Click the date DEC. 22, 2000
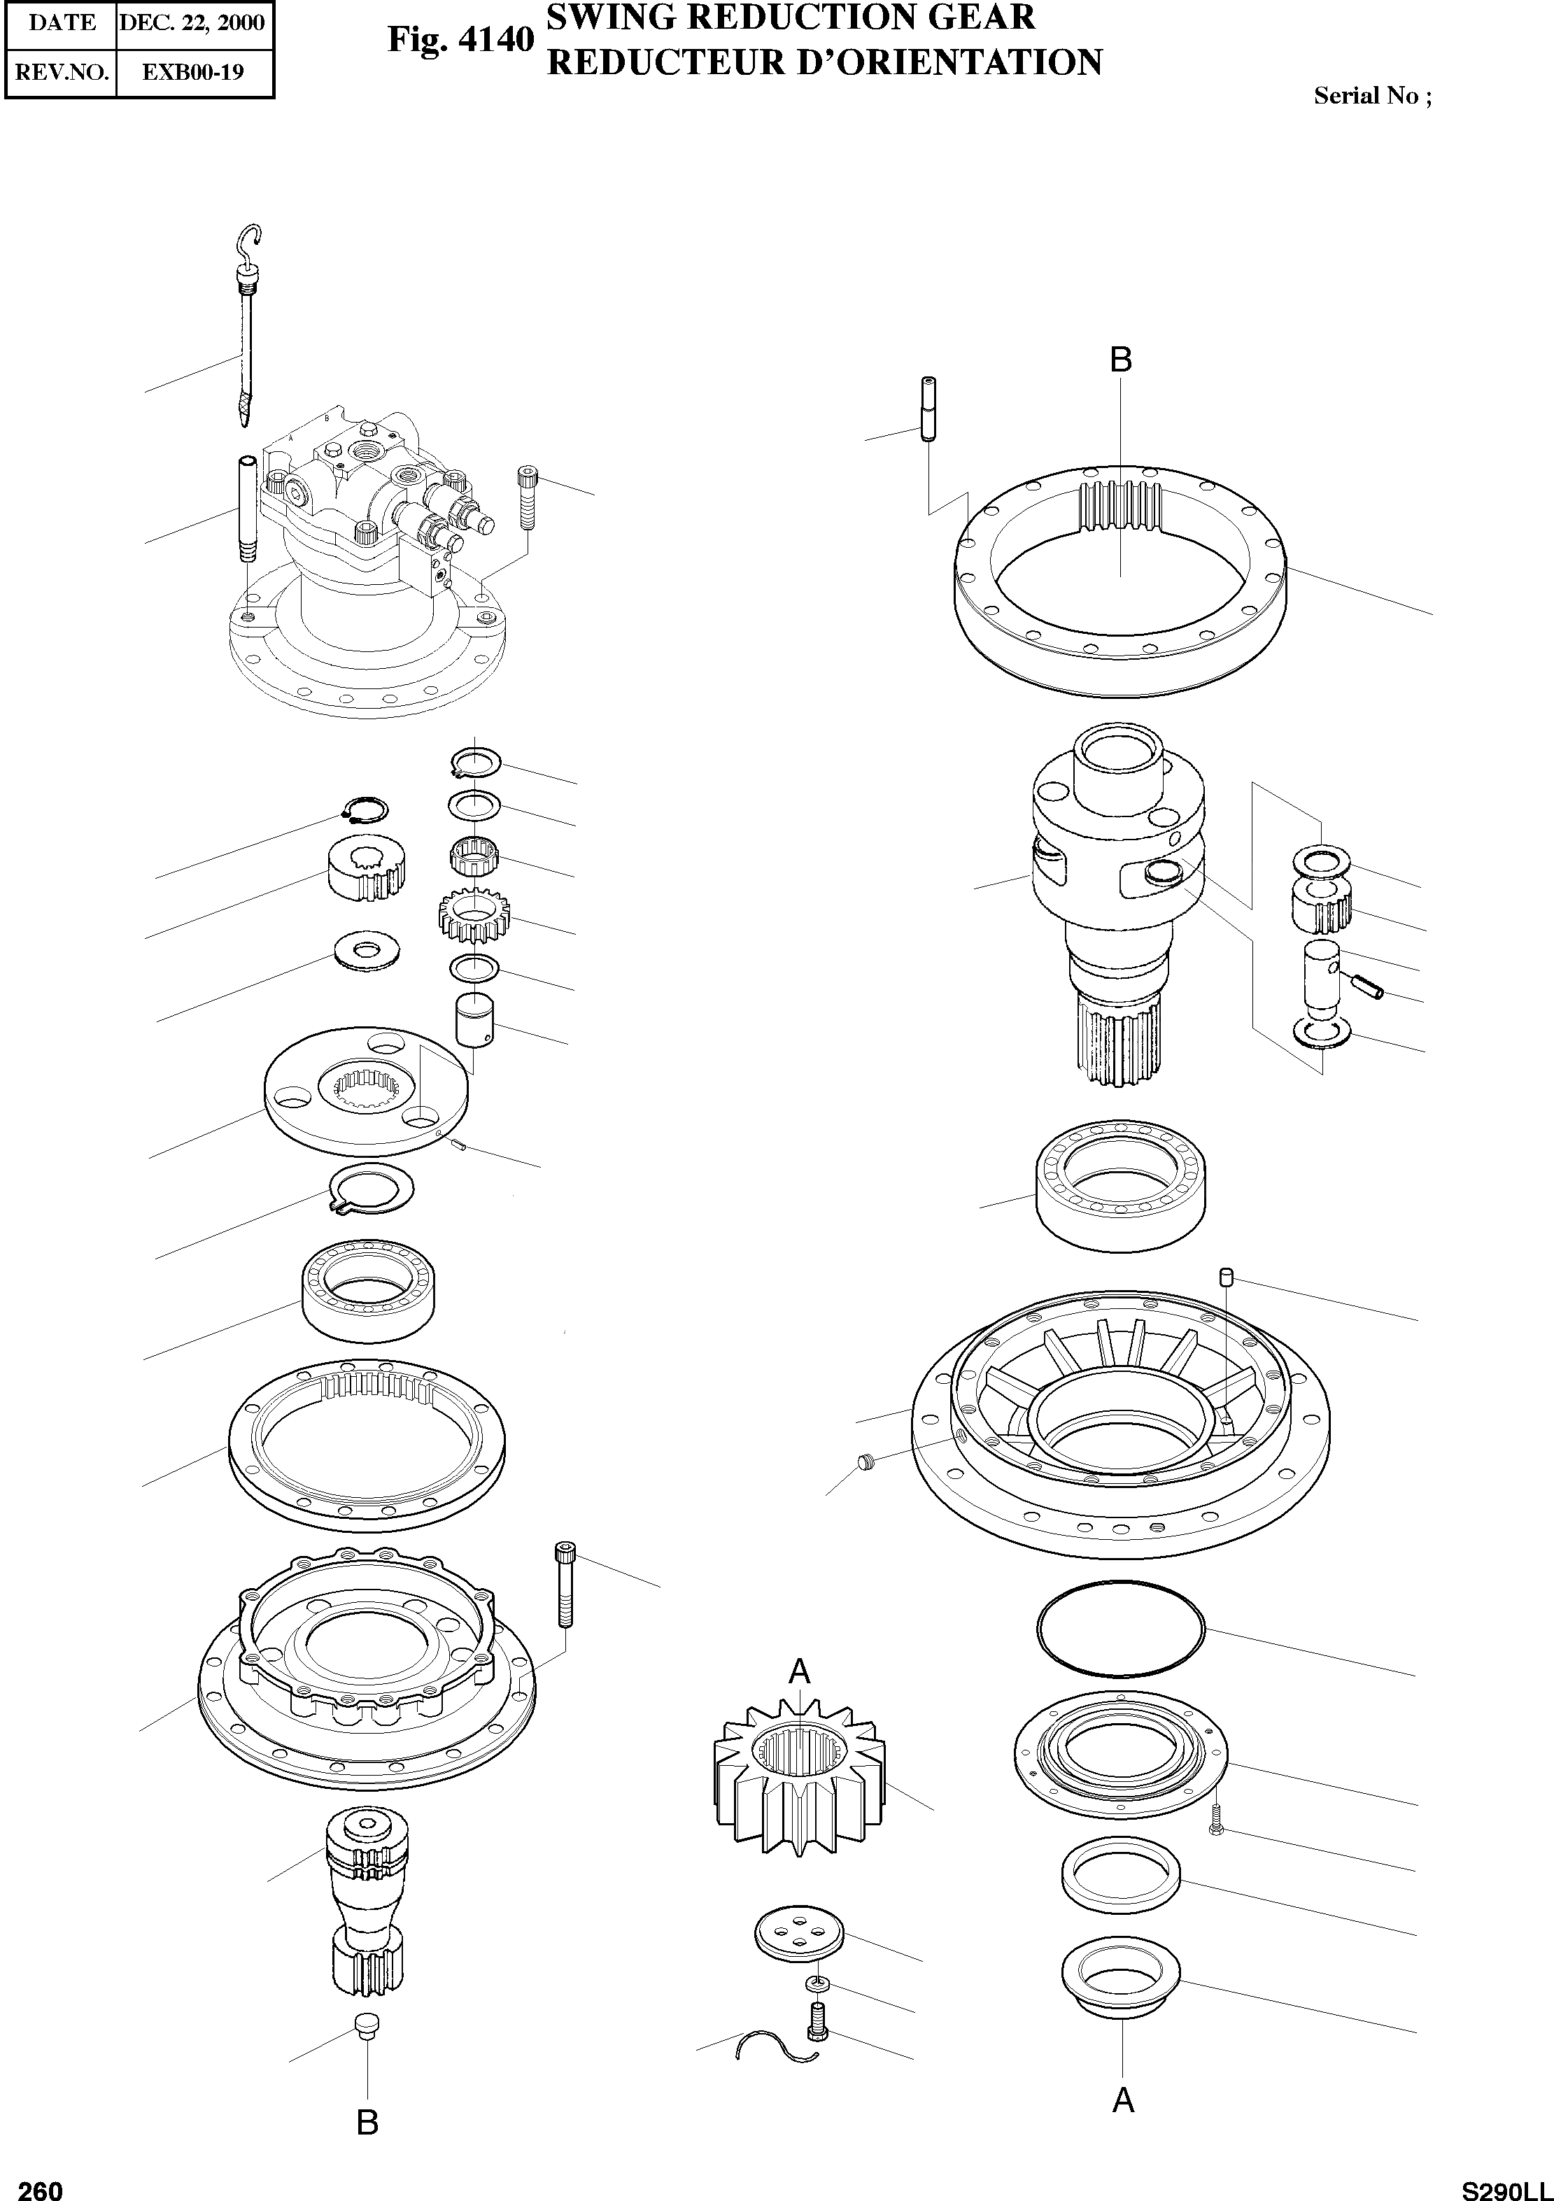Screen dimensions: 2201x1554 point(192,23)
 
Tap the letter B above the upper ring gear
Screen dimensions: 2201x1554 point(1121,360)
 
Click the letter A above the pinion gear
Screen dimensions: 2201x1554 point(798,1672)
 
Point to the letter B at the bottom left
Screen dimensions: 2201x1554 point(367,2123)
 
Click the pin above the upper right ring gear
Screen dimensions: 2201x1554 point(928,409)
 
